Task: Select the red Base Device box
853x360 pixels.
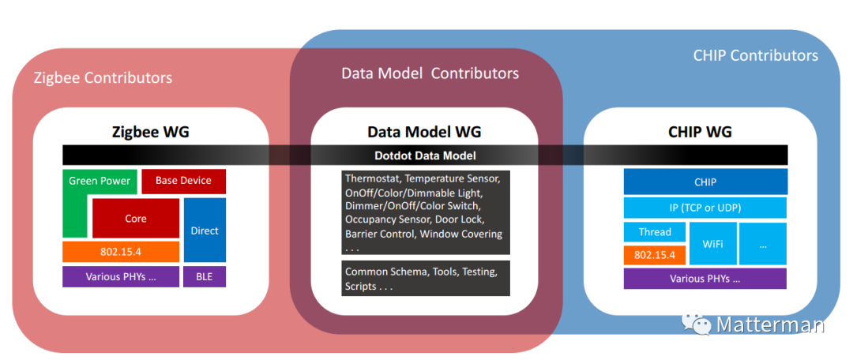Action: pos(183,181)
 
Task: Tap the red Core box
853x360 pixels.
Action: pos(136,218)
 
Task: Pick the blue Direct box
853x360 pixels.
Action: pos(205,230)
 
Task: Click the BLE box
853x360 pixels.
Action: pos(205,277)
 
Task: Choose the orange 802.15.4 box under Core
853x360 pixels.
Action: pos(121,252)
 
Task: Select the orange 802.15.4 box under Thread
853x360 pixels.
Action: pos(655,254)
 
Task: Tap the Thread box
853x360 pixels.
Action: pos(655,231)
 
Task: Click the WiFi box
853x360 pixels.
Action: pos(712,244)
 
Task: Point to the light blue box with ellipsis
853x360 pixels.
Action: pos(763,244)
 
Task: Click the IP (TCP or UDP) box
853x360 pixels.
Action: pos(705,208)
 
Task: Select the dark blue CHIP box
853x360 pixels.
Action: pos(705,182)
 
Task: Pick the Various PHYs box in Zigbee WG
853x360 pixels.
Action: pos(121,277)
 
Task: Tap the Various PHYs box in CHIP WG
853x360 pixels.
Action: pos(705,279)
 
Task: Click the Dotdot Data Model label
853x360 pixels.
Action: pos(425,156)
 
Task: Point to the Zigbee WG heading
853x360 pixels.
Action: pos(151,132)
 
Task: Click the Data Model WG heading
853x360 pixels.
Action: pos(424,132)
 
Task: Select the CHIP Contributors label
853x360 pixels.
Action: pos(756,55)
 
